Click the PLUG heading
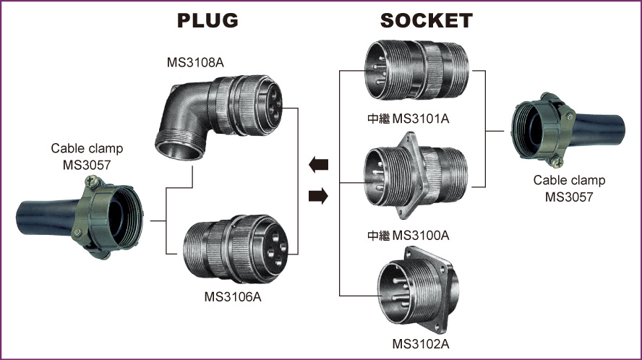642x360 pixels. click(x=208, y=20)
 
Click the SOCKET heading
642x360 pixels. click(x=427, y=20)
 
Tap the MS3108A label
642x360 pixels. click(x=194, y=63)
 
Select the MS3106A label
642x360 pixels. click(x=233, y=296)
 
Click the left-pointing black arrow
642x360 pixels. click(x=318, y=165)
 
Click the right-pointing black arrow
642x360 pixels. click(x=318, y=195)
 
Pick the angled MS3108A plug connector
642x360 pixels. click(x=217, y=115)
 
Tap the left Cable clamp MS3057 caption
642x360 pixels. click(x=87, y=155)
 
